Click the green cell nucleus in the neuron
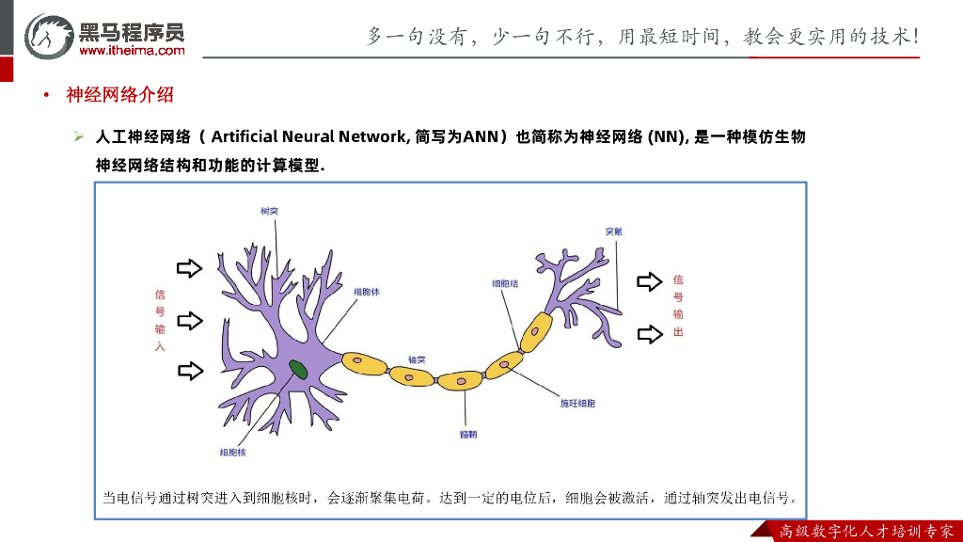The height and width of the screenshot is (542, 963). pyautogui.click(x=298, y=369)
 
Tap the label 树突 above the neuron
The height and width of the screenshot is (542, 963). pyautogui.click(x=269, y=211)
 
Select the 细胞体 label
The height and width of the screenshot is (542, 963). pyautogui.click(x=367, y=292)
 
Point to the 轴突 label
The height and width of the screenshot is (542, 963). pyautogui.click(x=417, y=359)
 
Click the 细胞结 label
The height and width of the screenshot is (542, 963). pyautogui.click(x=505, y=282)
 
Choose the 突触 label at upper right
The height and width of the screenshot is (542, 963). pyautogui.click(x=614, y=231)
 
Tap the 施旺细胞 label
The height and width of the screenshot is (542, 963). pyautogui.click(x=577, y=403)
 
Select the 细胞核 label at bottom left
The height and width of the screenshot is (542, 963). pyautogui.click(x=232, y=452)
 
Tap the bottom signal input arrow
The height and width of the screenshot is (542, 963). pyautogui.click(x=190, y=371)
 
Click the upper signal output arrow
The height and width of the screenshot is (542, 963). pyautogui.click(x=650, y=281)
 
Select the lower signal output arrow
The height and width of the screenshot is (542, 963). pyautogui.click(x=650, y=333)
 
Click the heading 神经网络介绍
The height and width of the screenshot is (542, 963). pyautogui.click(x=119, y=95)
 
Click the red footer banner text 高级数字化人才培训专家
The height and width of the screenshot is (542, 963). pyautogui.click(x=866, y=532)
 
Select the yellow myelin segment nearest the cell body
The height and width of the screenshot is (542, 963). pyautogui.click(x=366, y=363)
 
